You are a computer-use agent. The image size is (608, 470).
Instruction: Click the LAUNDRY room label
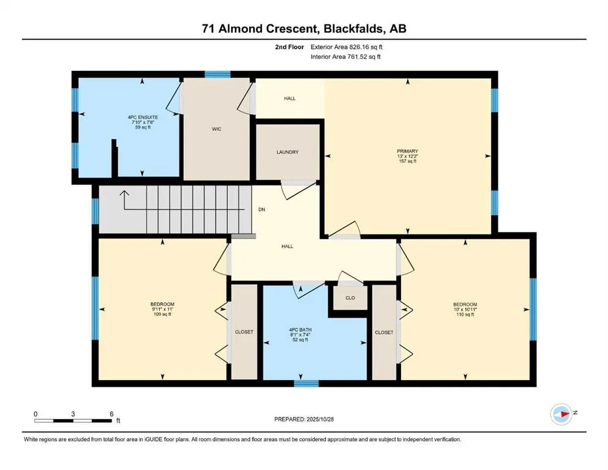point(287,152)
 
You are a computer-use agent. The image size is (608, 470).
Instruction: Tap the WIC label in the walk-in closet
point(216,129)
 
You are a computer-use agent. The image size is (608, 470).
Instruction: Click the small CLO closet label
point(350,298)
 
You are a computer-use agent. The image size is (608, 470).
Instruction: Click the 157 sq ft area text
point(407,162)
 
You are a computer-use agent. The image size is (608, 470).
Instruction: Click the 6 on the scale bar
point(111,414)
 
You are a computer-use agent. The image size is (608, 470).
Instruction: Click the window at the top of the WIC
point(217,75)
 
